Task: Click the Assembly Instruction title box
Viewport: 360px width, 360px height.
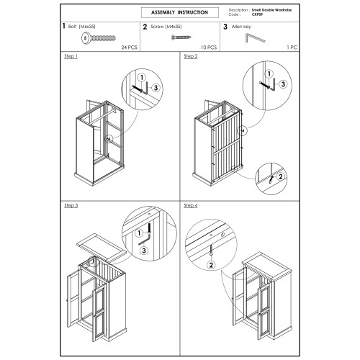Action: (180, 12)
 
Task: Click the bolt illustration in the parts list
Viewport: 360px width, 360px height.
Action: (99, 38)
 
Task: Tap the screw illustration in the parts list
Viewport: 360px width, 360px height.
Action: (181, 37)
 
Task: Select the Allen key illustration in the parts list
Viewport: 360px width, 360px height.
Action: (255, 38)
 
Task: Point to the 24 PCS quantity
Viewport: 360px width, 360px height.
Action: (129, 48)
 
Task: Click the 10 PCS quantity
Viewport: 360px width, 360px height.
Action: (209, 48)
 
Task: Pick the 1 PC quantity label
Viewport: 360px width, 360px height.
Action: (292, 48)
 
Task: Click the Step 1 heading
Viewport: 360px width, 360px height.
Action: (71, 56)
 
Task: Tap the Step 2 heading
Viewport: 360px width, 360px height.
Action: (191, 56)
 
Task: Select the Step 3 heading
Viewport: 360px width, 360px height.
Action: (71, 205)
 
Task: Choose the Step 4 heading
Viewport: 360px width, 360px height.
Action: (191, 205)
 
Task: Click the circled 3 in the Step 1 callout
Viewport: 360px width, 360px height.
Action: (156, 88)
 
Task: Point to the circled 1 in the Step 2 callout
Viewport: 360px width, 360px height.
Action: (269, 73)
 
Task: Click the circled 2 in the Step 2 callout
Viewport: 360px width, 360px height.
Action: (280, 176)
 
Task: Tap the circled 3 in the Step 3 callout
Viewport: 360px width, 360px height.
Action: (144, 251)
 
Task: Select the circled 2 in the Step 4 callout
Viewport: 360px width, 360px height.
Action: (211, 265)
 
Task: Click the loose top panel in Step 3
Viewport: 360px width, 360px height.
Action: (102, 248)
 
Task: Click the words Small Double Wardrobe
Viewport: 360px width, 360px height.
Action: (271, 10)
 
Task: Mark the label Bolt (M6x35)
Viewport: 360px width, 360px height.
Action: (81, 27)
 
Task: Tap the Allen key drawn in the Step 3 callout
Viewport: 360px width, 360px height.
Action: (145, 240)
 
